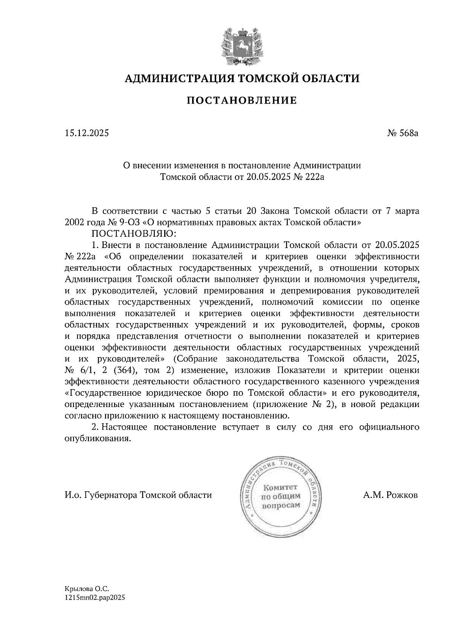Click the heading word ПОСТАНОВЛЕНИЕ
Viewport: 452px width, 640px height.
pos(241,100)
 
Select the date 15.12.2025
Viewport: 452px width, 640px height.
pos(87,133)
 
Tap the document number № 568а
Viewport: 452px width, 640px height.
pos(403,133)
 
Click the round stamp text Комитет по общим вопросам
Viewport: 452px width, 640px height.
pos(281,496)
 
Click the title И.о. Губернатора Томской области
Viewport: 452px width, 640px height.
pos(138,495)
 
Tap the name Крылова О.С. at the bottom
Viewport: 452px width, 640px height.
pos(87,588)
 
